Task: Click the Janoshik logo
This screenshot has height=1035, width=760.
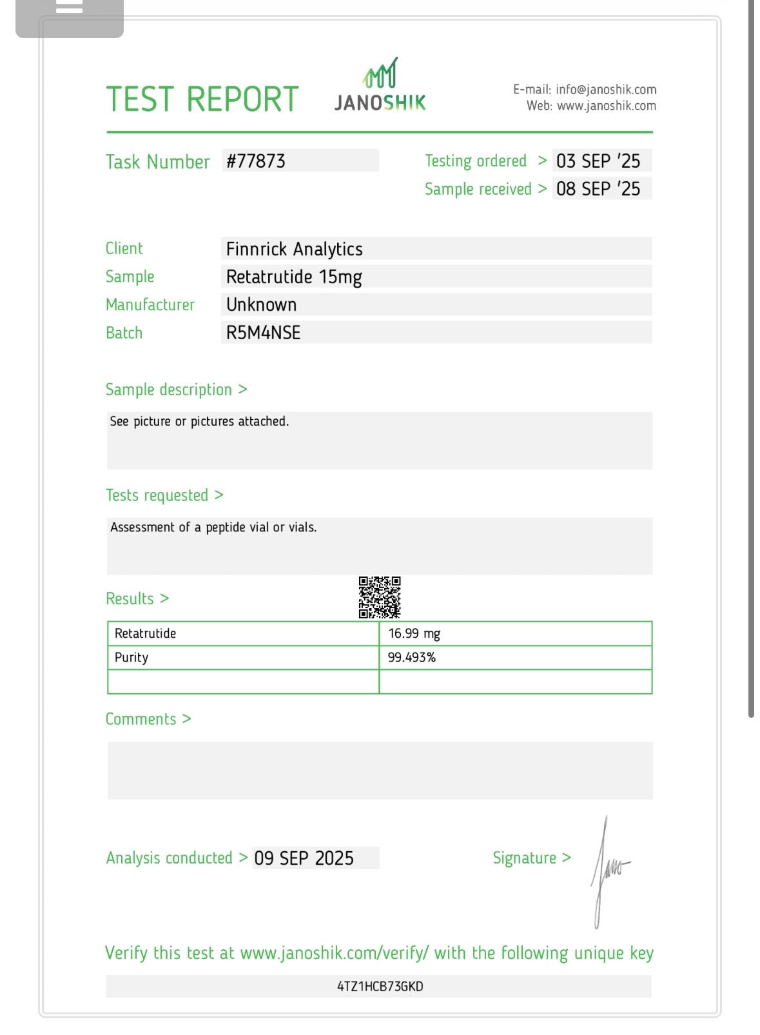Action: click(380, 86)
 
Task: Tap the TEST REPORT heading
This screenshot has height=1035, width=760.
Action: click(202, 99)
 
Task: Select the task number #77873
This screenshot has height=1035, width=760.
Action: click(256, 161)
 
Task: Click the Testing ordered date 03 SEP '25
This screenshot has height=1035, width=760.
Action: click(598, 161)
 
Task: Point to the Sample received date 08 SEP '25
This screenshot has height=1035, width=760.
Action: click(598, 189)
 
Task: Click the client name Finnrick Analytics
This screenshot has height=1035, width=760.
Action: click(294, 249)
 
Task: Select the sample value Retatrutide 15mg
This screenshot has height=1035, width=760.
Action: click(294, 277)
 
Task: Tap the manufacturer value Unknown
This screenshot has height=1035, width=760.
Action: click(261, 305)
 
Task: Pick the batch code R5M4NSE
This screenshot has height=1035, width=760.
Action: click(263, 333)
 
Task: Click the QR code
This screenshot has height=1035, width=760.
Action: click(380, 597)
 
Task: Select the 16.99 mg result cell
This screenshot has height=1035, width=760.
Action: click(414, 633)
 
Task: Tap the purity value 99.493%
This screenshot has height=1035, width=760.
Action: click(412, 657)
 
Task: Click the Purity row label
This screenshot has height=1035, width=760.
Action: click(132, 657)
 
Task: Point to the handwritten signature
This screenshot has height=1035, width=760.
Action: click(607, 871)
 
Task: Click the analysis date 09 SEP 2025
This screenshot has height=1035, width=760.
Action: click(304, 858)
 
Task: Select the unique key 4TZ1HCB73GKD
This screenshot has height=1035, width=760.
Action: click(380, 986)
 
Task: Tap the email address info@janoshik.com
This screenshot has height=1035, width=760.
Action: click(606, 90)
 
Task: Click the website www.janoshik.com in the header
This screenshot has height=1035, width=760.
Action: click(606, 106)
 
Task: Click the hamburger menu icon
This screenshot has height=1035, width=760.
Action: click(70, 8)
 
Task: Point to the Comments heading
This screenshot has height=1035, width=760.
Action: click(148, 719)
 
